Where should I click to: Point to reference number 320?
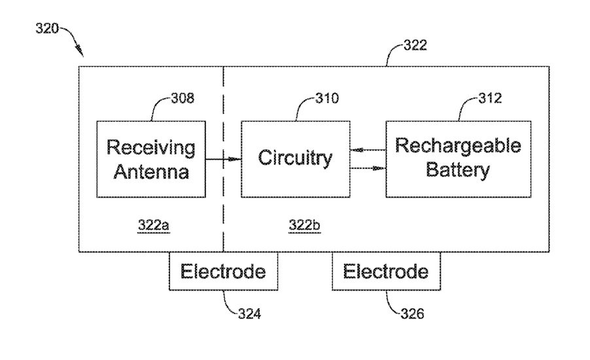pyautogui.click(x=47, y=28)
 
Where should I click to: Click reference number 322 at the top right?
pyautogui.click(x=415, y=45)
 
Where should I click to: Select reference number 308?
pyautogui.click(x=183, y=98)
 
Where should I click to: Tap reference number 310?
pyautogui.click(x=327, y=98)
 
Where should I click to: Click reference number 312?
pyautogui.click(x=491, y=98)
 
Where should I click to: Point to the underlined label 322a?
pyautogui.click(x=154, y=226)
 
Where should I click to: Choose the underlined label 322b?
pyautogui.click(x=305, y=226)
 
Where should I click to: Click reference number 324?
pyautogui.click(x=249, y=314)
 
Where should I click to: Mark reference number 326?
pyautogui.click(x=412, y=314)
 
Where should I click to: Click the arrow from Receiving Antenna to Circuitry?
pyautogui.click(x=223, y=159)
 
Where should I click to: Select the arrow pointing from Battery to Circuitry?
pyautogui.click(x=368, y=151)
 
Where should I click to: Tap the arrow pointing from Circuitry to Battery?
pyautogui.click(x=368, y=168)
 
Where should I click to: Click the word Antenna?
pyautogui.click(x=151, y=171)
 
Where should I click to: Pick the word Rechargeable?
pyautogui.click(x=459, y=146)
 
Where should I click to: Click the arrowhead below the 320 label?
pyautogui.click(x=80, y=51)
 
